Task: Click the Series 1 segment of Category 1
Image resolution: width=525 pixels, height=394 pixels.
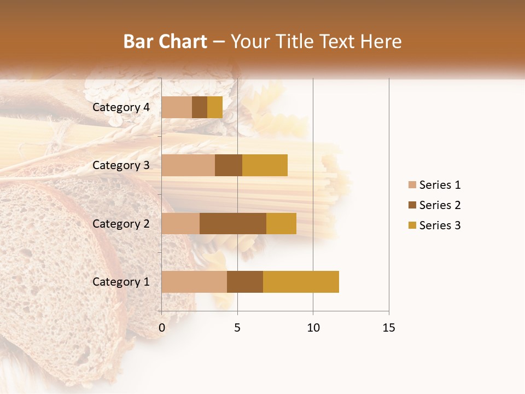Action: tap(194, 282)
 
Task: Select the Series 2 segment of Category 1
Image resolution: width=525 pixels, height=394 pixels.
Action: tap(245, 282)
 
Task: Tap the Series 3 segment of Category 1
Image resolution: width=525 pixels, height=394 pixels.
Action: tap(301, 282)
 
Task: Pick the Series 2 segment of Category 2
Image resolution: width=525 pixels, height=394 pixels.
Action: tap(233, 223)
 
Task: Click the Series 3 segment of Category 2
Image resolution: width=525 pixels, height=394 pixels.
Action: tap(281, 223)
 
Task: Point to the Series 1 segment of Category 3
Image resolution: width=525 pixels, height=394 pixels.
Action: tap(188, 165)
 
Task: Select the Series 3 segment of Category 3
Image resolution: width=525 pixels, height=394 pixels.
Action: tap(265, 165)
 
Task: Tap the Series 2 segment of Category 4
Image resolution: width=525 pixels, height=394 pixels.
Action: tap(200, 107)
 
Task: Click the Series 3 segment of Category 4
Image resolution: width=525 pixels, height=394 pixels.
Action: tap(215, 107)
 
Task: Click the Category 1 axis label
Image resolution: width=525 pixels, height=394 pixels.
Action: tap(121, 282)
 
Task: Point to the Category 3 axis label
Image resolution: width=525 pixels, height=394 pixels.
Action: tap(121, 165)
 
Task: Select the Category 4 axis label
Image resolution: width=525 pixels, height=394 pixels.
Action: tap(121, 107)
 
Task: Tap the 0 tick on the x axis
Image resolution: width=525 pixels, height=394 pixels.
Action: tap(162, 328)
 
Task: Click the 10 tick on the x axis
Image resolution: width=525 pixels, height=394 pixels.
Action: tap(313, 328)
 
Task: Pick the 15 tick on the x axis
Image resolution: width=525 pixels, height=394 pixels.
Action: tap(388, 328)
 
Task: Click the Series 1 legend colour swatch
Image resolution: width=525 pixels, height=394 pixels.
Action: tap(412, 185)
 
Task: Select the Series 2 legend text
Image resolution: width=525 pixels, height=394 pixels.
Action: tap(440, 205)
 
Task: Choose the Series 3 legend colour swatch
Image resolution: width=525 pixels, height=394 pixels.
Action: tap(412, 225)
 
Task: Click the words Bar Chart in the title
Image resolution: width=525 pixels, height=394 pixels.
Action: tap(165, 41)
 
